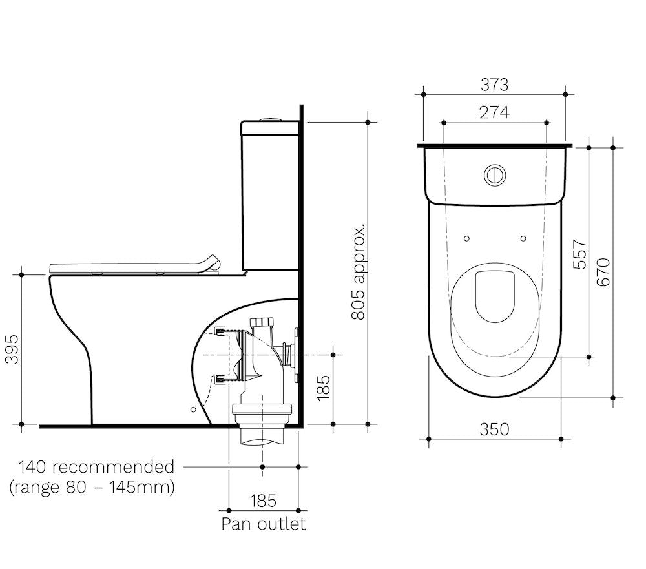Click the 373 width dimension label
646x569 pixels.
coord(494,85)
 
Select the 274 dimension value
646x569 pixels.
coord(494,112)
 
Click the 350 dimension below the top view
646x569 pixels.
coord(495,429)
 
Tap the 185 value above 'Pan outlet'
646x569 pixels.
coord(263,501)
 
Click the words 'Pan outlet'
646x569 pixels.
coord(264,523)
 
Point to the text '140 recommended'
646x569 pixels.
coord(96,466)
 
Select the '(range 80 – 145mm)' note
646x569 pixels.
coord(92,486)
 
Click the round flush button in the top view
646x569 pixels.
coord(495,174)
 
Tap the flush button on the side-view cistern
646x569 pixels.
coord(269,119)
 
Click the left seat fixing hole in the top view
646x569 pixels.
coord(466,238)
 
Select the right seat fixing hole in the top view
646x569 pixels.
coord(523,238)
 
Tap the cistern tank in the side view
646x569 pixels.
coord(269,194)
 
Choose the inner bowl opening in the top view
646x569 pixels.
coord(495,296)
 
